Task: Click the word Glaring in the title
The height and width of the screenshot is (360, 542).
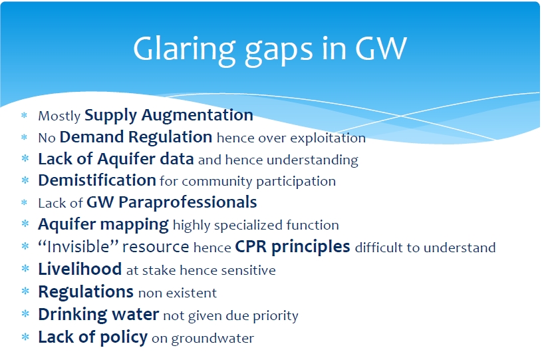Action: (x=184, y=49)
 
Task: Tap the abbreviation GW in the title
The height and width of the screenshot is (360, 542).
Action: (x=381, y=48)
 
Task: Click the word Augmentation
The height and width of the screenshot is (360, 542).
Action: (x=197, y=116)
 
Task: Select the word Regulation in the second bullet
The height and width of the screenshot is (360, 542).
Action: (x=170, y=138)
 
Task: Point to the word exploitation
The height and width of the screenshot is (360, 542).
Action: (x=328, y=138)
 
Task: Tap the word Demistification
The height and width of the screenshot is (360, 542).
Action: (x=97, y=180)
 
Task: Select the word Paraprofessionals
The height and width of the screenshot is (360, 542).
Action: (x=188, y=203)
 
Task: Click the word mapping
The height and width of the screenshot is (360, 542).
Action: (x=134, y=225)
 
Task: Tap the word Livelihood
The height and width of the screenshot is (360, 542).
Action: (x=80, y=269)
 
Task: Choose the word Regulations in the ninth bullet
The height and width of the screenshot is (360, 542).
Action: (x=86, y=292)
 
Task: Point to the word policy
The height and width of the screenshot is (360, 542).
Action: (x=124, y=337)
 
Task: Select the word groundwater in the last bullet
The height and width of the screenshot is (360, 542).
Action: (x=213, y=339)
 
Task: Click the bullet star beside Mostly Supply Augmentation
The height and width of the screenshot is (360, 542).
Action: (x=24, y=115)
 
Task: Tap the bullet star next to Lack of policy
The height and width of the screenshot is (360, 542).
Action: (x=25, y=337)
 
